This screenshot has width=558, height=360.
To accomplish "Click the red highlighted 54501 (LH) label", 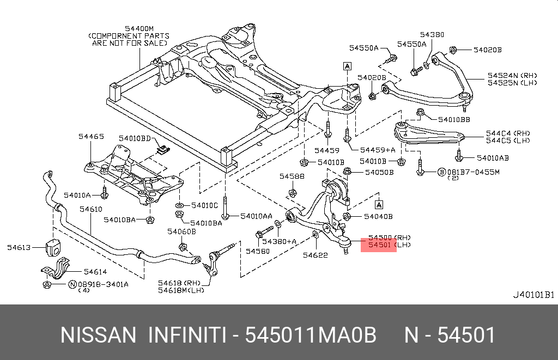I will coord(378,246).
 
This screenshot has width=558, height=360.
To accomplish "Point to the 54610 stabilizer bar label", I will coord(90,209).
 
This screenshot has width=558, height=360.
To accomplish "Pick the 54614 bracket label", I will coord(94,271).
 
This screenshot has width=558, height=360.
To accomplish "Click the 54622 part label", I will coord(315,254).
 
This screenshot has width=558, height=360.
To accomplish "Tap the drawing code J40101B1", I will coord(533,295).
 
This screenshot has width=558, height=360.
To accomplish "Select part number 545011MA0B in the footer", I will coord(311,335).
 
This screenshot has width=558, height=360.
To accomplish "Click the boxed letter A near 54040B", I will coord(379,205).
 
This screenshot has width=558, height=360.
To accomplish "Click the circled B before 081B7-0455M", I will coord(441,172).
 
